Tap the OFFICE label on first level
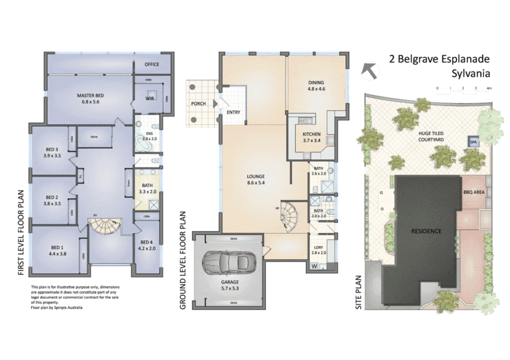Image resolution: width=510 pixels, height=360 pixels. click(151, 64)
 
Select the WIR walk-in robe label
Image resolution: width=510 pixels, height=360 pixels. click(149, 99)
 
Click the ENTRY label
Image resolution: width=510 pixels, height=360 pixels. click(233, 113)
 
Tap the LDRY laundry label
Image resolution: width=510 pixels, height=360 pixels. click(319, 250)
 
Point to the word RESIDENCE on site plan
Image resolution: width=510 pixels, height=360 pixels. click(426, 230)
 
